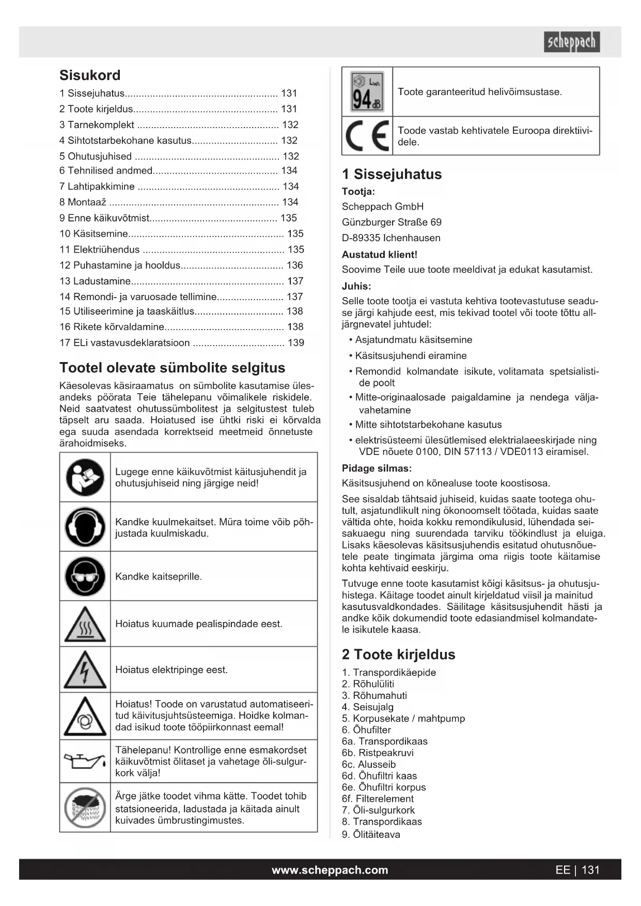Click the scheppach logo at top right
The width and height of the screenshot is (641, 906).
tap(571, 42)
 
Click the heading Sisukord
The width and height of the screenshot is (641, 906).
tap(90, 75)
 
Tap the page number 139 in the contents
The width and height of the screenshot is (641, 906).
tap(295, 343)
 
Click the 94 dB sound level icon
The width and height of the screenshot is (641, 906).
tap(367, 92)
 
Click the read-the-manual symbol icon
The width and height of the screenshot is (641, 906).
tap(85, 477)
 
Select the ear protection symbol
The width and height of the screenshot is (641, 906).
tap(85, 527)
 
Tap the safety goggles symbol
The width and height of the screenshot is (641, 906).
tap(85, 576)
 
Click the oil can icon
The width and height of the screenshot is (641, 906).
tap(85, 761)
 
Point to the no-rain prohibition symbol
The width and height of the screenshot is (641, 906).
tap(85, 807)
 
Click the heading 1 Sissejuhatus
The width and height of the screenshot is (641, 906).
tap(392, 175)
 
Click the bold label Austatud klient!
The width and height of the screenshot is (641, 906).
tap(379, 255)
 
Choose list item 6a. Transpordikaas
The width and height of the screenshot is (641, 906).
tap(384, 742)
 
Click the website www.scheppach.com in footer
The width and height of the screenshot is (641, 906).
tap(330, 870)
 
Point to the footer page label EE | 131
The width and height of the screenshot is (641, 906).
tap(577, 870)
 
